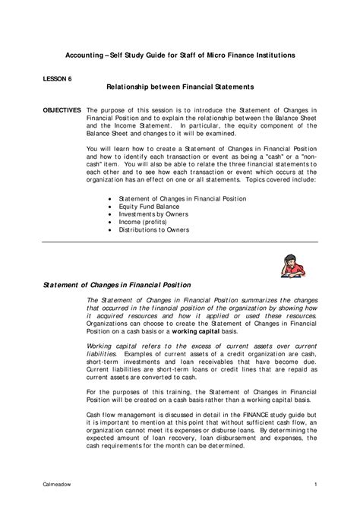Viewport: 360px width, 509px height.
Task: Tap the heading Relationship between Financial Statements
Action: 179,88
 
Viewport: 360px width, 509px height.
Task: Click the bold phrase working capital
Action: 188,331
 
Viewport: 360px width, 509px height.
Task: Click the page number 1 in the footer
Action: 314,484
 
